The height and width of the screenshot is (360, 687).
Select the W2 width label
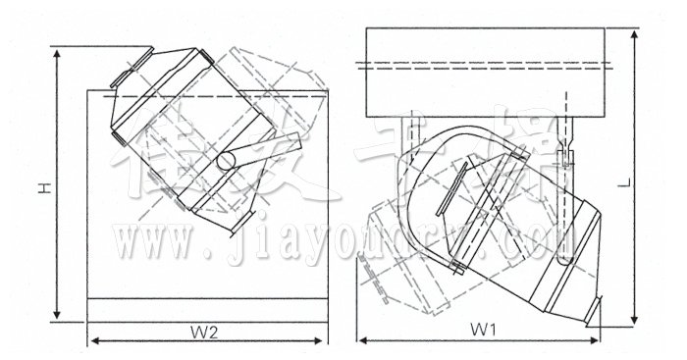pyautogui.click(x=204, y=331)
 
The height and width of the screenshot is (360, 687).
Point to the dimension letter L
pyautogui.click(x=652, y=181)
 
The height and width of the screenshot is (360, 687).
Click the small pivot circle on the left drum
pyautogui.click(x=226, y=160)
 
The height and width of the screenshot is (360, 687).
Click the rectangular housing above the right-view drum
pyautogui.click(x=489, y=71)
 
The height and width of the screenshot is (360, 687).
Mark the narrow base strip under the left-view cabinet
pyautogui.click(x=207, y=309)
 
